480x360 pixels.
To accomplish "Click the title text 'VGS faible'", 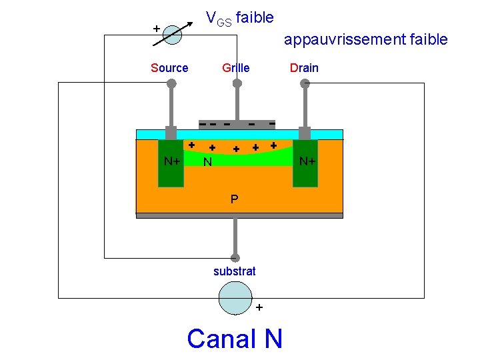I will point(239,18).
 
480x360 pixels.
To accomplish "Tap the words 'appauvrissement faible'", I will point(365,39).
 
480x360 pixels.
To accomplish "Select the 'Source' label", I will point(169,67).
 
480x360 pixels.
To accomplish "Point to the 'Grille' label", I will point(236,67).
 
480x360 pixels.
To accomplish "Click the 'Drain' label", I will point(303,67).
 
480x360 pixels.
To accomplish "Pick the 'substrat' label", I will point(234,271).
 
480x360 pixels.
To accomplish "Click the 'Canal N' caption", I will point(235,338).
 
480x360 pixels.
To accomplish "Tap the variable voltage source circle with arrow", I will point(172,35).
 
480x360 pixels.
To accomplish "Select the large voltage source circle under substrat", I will point(235,297).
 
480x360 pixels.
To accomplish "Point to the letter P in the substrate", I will point(234,199).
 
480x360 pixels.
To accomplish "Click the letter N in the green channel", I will point(208,162).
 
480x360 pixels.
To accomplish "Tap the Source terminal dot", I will point(171,83).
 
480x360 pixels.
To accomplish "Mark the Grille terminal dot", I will point(237,83).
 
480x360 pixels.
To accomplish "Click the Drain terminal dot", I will point(305,83).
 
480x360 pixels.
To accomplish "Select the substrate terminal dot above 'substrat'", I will point(235,257).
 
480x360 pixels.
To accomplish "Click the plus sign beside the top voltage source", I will point(156,29).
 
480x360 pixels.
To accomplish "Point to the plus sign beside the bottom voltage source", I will point(259,307).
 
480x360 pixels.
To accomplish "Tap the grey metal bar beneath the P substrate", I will point(239,215).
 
